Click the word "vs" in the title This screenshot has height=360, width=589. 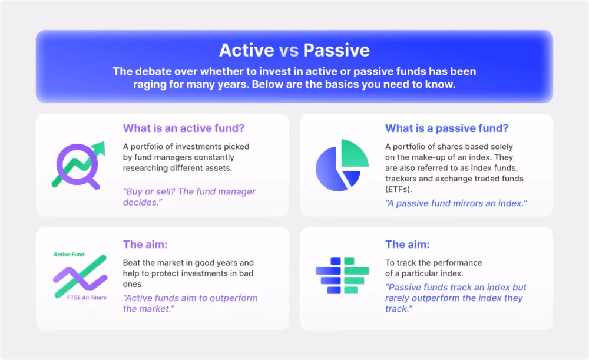pos(289,50)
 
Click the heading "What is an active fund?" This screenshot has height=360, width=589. pos(184,128)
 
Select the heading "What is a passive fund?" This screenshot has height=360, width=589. pos(446,128)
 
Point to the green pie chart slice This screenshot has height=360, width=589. pos(354,153)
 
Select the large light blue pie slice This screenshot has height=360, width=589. pos(330,170)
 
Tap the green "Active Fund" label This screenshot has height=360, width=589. pos(69,255)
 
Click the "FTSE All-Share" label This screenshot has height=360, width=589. pos(87,298)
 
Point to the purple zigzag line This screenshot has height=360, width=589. pos(80,279)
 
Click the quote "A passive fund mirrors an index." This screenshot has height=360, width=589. pos(456,203)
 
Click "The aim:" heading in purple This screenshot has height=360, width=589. pos(145,245)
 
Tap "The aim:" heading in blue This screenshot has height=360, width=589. pos(407,245)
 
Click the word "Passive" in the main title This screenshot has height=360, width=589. pos(336,50)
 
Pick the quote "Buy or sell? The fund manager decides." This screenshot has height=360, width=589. pos(189,197)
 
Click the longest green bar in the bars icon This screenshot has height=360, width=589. pos(356,271)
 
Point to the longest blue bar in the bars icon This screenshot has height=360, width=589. pos(328,271)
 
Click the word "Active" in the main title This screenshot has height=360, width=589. pos(246,50)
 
